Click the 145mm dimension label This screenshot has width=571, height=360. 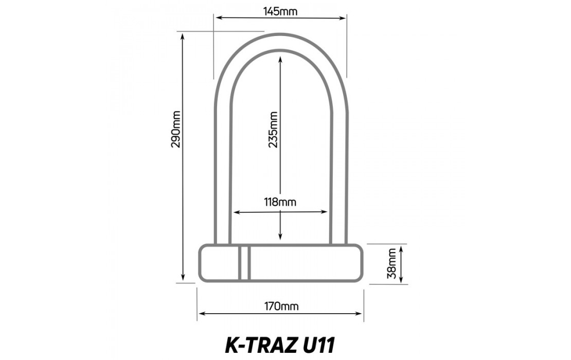[x=281, y=11]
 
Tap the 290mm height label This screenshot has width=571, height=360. [x=176, y=129]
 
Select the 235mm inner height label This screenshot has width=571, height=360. [x=273, y=130]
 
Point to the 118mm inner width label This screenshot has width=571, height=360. [x=280, y=202]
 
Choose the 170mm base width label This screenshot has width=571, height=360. [x=281, y=307]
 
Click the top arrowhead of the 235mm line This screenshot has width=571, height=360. [x=280, y=59]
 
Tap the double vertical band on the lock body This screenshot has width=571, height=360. [x=244, y=263]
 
